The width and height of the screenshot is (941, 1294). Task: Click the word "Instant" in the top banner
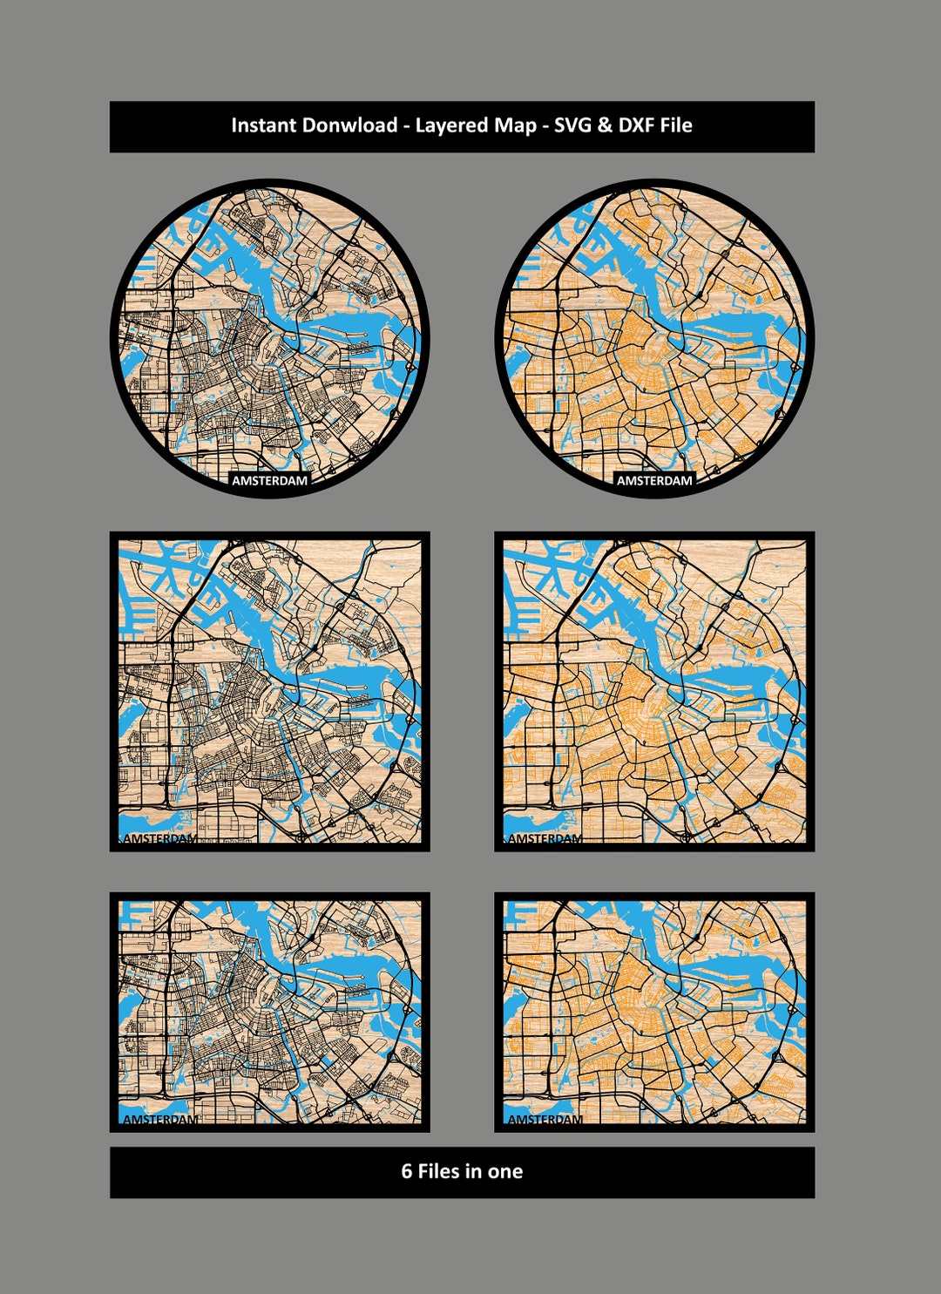pos(264,125)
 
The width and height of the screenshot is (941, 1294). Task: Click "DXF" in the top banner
pos(637,125)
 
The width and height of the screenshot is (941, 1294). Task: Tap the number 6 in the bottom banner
pos(406,1171)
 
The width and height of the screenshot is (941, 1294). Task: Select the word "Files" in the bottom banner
pos(438,1171)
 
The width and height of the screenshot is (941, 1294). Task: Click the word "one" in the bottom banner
pos(505,1171)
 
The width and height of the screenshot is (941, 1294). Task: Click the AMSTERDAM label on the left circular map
pos(269,480)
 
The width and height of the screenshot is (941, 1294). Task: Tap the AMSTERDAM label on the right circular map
pos(654,480)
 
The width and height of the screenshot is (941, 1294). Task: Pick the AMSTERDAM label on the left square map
pos(160,838)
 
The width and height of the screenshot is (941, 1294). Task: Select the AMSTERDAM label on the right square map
pos(545,838)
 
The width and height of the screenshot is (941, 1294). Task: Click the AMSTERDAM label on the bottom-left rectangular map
pos(160,1119)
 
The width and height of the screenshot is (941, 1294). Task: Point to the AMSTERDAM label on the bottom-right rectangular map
pos(545,1119)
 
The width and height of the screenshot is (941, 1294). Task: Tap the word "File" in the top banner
pos(676,125)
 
